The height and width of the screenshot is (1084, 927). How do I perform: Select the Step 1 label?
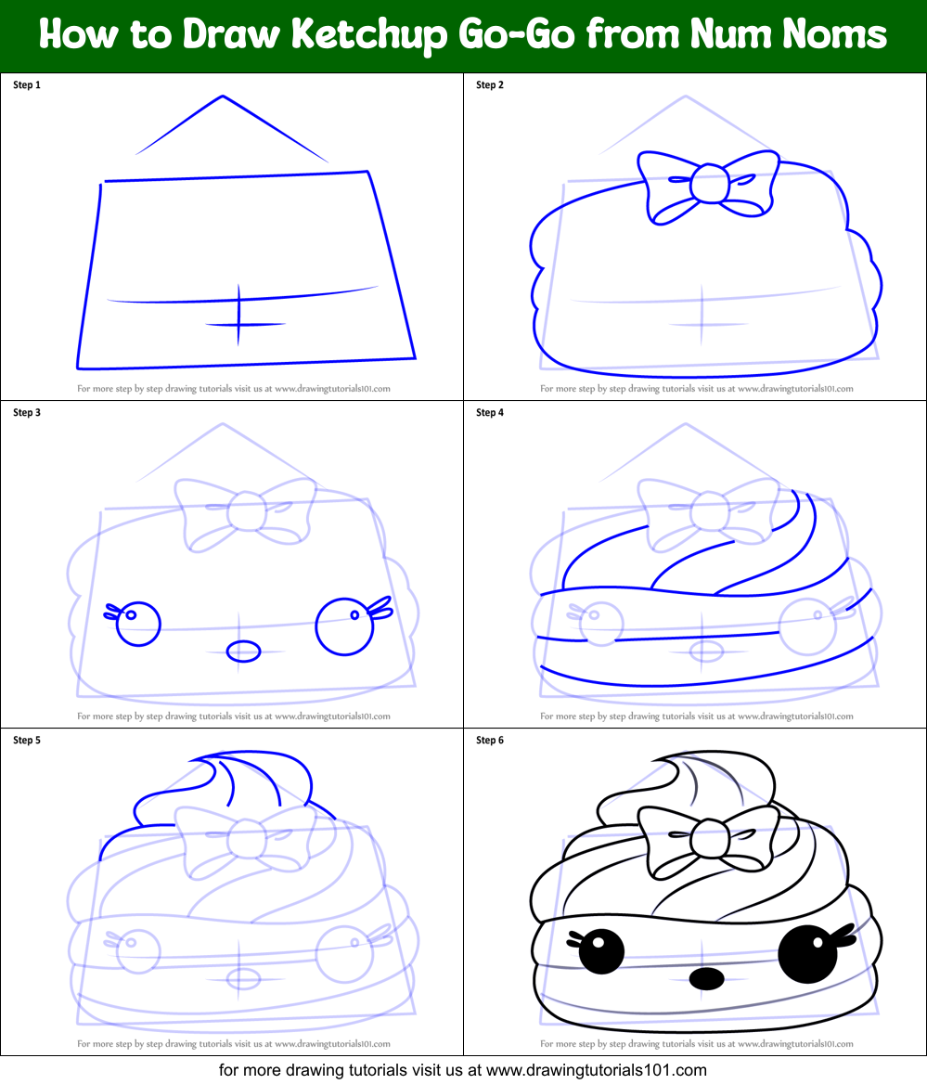pyautogui.click(x=27, y=85)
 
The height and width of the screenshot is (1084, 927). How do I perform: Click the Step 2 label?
pyautogui.click(x=490, y=85)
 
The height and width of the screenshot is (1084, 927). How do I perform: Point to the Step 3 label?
pyautogui.click(x=27, y=413)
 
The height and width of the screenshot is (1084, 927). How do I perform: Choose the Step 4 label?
pyautogui.click(x=490, y=413)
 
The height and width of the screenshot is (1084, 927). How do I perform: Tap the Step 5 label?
pyautogui.click(x=27, y=741)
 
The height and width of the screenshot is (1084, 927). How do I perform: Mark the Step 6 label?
pyautogui.click(x=490, y=741)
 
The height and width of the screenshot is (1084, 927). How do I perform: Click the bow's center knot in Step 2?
pyautogui.click(x=708, y=182)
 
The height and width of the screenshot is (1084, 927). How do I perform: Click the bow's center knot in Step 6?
pyautogui.click(x=708, y=838)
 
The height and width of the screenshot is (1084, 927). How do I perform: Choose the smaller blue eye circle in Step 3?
pyautogui.click(x=138, y=624)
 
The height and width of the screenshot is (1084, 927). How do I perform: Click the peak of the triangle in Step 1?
pyautogui.click(x=223, y=96)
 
